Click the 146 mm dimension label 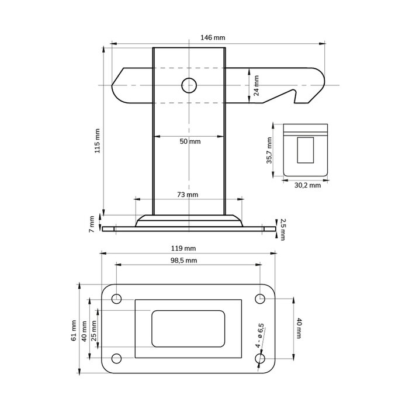[213, 38]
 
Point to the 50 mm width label [189, 142]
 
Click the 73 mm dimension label [188, 195]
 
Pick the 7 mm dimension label [92, 223]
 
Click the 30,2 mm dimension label [307, 185]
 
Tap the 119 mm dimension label [188, 248]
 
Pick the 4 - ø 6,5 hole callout [261, 335]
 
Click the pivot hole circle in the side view [189, 85]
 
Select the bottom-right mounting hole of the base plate [261, 358]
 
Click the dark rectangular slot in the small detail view [305, 150]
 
